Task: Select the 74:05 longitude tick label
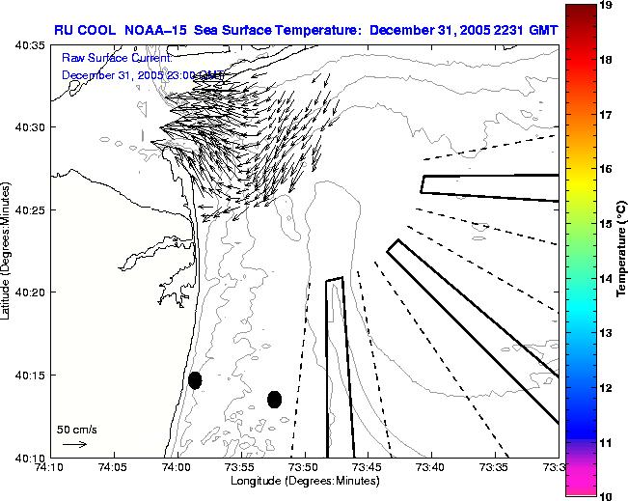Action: tap(113, 468)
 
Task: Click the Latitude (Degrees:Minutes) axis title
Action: tap(7, 250)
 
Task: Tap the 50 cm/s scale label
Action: tap(74, 429)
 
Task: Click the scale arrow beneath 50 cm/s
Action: tap(74, 444)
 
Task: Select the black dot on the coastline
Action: tap(195, 380)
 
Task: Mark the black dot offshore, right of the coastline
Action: tap(274, 399)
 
